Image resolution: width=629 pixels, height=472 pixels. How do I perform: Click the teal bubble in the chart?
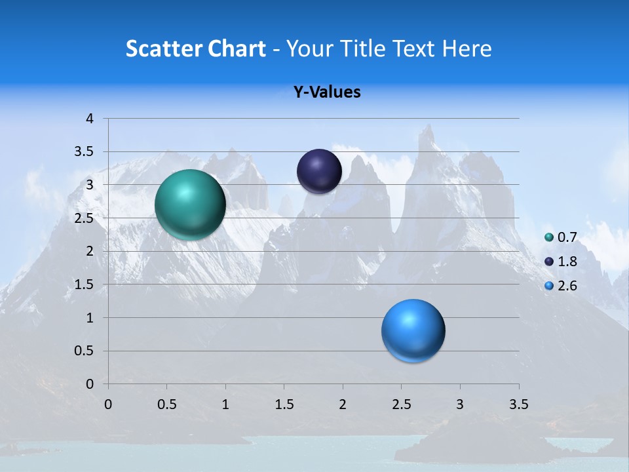pos(190,205)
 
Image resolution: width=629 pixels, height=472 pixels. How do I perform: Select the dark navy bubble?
pos(319,171)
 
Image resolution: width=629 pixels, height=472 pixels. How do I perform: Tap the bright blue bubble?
pos(413,330)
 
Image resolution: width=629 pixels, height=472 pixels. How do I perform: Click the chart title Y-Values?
pos(327,92)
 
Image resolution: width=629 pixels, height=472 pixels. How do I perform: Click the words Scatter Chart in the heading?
pos(196,49)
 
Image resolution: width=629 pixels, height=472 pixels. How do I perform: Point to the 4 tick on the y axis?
pos(90,119)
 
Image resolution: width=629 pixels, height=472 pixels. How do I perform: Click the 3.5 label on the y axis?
pos(85,152)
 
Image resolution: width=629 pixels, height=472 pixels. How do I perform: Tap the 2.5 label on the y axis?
pos(85,218)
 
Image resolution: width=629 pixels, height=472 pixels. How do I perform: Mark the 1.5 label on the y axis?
pos(85,285)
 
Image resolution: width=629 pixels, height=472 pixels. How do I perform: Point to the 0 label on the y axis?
pos(90,384)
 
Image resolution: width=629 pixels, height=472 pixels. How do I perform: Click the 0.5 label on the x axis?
pos(166,404)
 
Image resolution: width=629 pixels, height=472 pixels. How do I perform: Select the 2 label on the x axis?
pos(343,404)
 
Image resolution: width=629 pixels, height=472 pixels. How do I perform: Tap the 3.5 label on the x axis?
pos(518,404)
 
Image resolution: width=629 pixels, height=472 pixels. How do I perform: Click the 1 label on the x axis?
pos(225,404)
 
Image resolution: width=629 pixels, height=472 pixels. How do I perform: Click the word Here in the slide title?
pos(467,49)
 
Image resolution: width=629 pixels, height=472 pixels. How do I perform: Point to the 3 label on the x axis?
pos(460,404)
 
